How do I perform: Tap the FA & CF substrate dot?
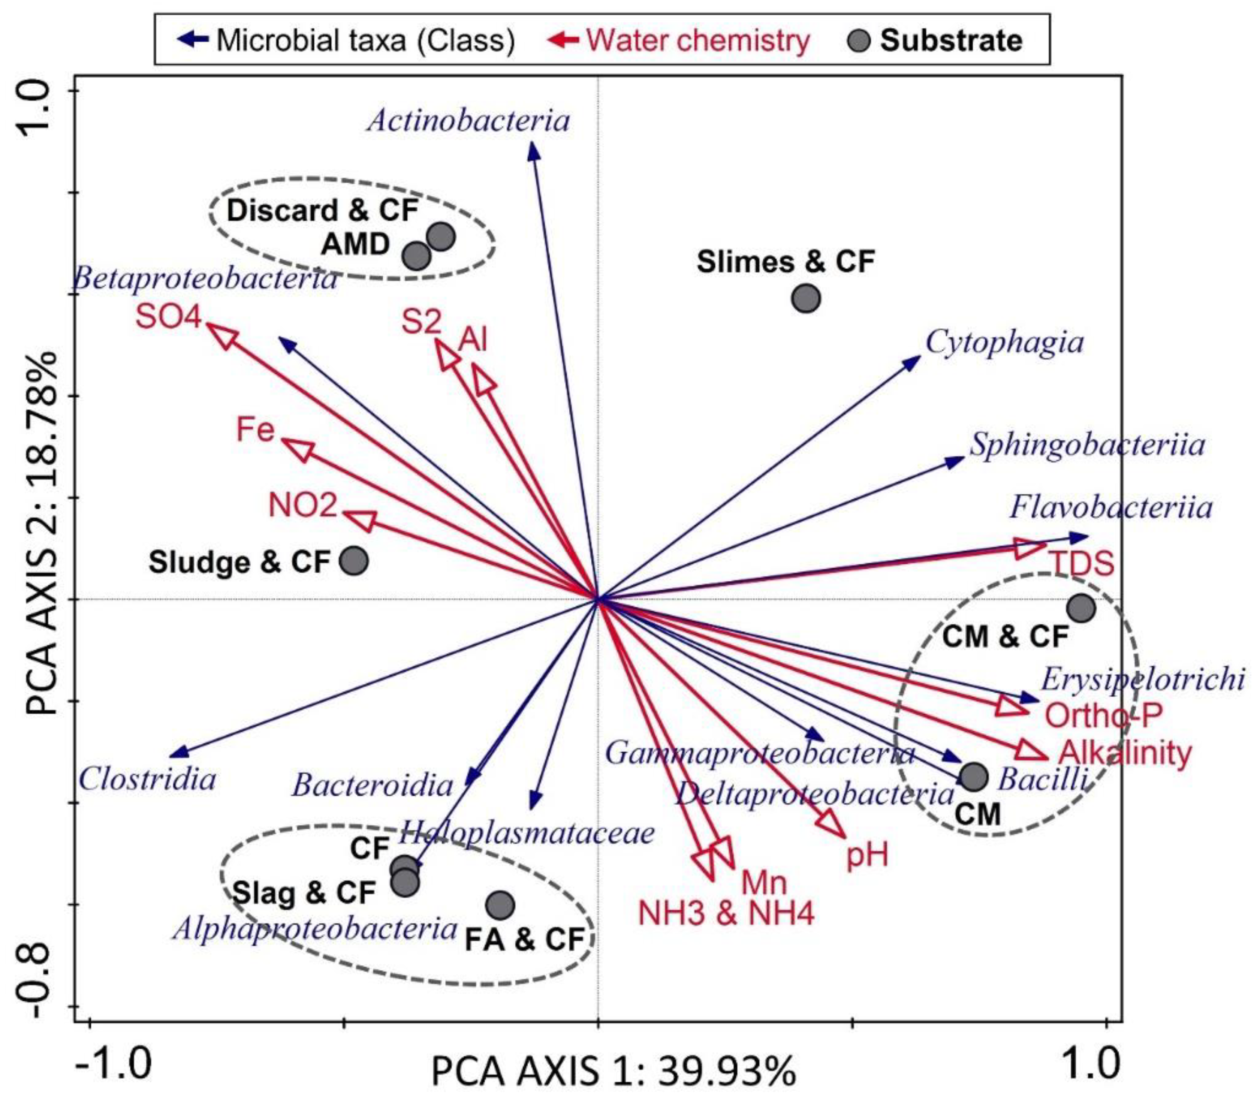(x=501, y=905)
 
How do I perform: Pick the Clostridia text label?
(x=147, y=780)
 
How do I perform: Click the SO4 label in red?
(x=169, y=318)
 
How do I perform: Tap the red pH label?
(x=867, y=855)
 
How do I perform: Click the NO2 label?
(x=303, y=505)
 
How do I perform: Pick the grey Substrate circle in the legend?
(x=861, y=40)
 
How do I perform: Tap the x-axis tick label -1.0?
(x=114, y=1065)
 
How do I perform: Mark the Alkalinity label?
(x=1125, y=753)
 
